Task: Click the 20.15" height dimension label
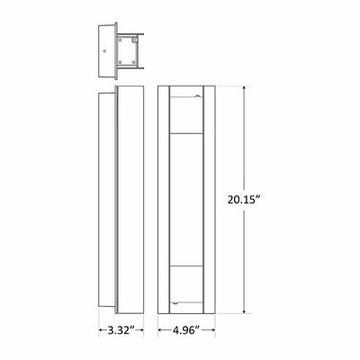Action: [x=243, y=200]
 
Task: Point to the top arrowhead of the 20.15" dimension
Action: [x=245, y=88]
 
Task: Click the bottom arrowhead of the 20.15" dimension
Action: [x=245, y=311]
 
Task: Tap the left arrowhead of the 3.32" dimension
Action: [x=101, y=330]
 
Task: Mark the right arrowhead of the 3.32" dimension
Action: [x=141, y=330]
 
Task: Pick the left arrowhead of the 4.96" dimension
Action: [x=160, y=330]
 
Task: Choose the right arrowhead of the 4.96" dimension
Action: [x=212, y=330]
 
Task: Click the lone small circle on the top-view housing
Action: [x=104, y=51]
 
